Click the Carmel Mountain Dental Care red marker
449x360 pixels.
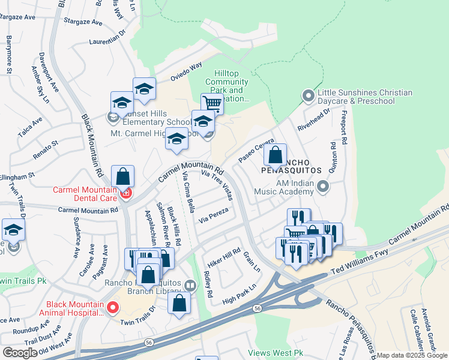pyautogui.click(x=126, y=193)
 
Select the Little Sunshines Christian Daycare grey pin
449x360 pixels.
pyautogui.click(x=309, y=96)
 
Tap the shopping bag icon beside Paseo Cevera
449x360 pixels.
pyautogui.click(x=275, y=155)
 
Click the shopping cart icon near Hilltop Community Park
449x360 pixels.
pyautogui.click(x=211, y=103)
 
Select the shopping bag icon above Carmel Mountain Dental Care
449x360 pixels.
pyautogui.click(x=122, y=176)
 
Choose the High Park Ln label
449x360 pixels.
pyautogui.click(x=239, y=293)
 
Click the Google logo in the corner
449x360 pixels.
pyautogui.click(x=20, y=353)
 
